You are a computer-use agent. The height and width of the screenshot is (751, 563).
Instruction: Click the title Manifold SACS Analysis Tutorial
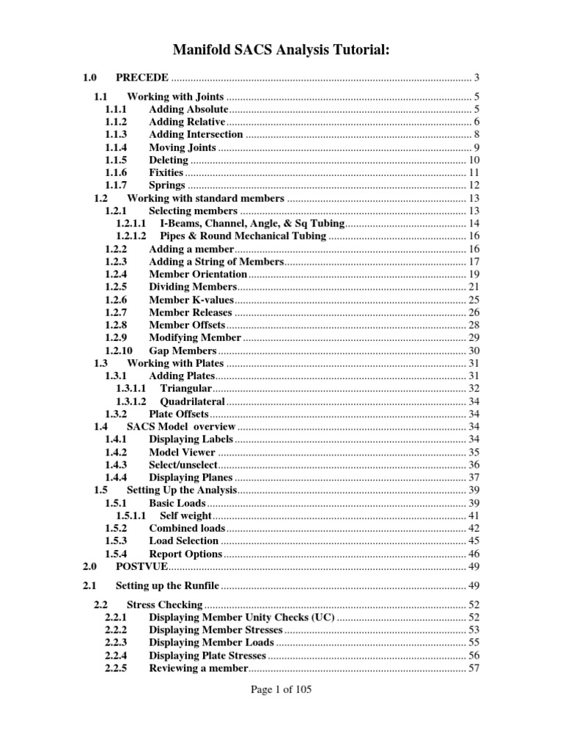click(x=281, y=49)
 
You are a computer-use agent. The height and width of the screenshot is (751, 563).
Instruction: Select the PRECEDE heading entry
click(x=142, y=77)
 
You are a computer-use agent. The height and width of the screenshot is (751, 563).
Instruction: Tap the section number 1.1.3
click(x=116, y=134)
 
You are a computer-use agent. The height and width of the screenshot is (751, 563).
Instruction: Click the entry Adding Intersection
click(x=196, y=134)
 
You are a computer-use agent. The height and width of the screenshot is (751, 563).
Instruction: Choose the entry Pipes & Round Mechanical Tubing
click(x=243, y=235)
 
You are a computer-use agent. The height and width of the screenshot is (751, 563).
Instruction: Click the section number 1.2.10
click(x=119, y=351)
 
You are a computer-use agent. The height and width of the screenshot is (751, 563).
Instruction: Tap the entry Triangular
click(x=186, y=388)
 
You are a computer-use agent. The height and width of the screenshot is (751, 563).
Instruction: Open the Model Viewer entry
click(x=182, y=453)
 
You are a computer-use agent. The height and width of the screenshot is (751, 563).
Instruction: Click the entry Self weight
click(x=186, y=516)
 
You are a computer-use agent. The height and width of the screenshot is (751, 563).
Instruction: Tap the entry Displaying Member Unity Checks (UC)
click(x=242, y=618)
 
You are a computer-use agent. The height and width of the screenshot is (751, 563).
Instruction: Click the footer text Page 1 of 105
click(x=281, y=689)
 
